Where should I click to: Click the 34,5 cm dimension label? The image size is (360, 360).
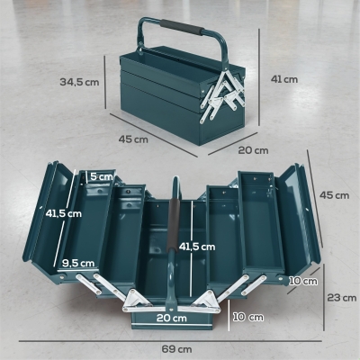(79, 82)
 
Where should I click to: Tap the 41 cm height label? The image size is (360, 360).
(284, 79)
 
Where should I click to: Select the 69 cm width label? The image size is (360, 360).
(176, 349)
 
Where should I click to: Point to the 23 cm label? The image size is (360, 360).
(342, 298)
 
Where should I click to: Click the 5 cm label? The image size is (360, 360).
(102, 176)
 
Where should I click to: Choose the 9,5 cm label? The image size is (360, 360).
(78, 263)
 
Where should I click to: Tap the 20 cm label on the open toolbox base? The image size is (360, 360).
(172, 318)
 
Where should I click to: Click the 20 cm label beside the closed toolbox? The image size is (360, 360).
(253, 150)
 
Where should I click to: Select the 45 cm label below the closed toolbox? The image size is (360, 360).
(133, 139)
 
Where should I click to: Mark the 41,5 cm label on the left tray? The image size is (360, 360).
(64, 213)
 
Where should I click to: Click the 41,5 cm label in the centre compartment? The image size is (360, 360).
(197, 247)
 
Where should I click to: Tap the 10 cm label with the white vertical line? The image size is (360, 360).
(248, 317)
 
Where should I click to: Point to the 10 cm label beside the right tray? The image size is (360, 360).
(303, 281)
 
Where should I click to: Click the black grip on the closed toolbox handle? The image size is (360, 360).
(181, 27)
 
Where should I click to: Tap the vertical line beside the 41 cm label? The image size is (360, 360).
(259, 77)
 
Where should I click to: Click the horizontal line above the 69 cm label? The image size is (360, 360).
(170, 341)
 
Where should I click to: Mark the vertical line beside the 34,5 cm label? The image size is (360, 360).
(105, 82)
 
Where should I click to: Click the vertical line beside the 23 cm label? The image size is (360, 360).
(324, 297)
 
